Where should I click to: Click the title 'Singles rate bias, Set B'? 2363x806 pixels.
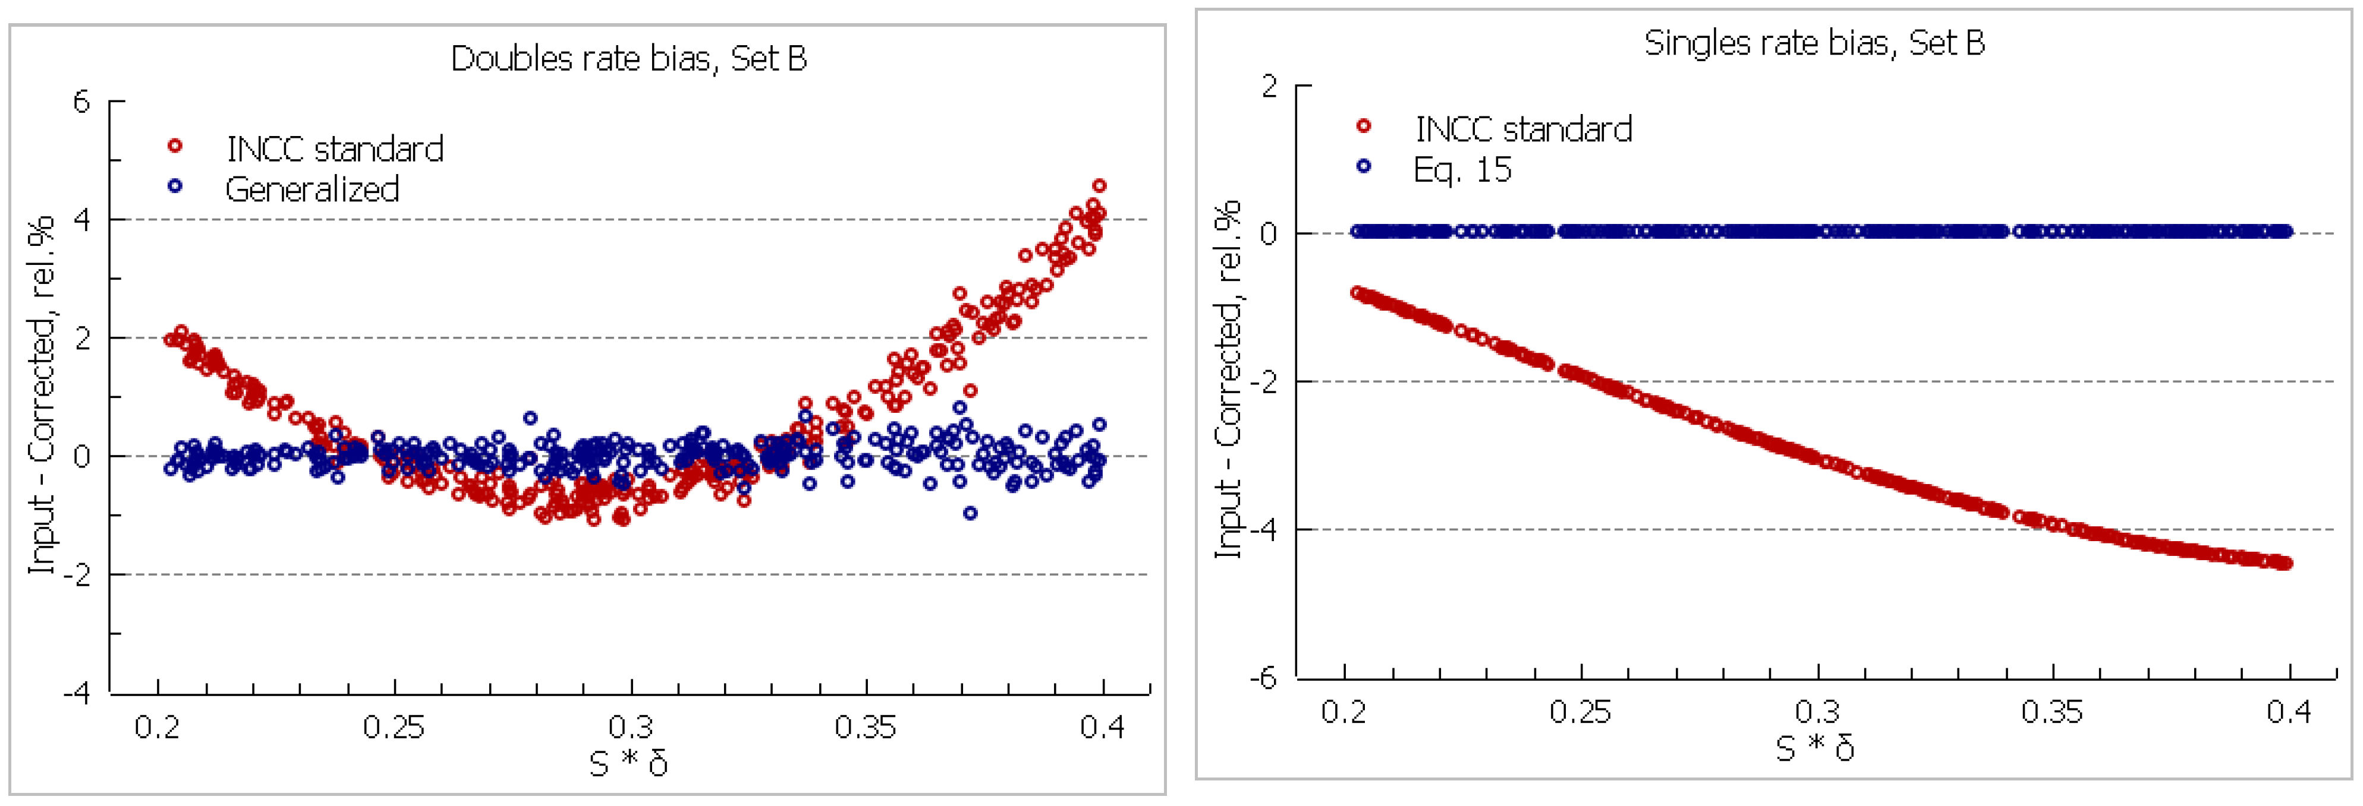1814,43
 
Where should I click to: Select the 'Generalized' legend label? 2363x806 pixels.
312,189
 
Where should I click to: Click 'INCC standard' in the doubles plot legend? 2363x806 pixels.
335,148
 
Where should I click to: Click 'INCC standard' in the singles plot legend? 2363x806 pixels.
1523,129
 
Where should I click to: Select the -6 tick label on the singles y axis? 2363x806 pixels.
1263,678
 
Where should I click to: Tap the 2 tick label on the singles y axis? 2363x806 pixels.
1269,86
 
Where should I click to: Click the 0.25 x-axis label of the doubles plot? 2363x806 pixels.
394,727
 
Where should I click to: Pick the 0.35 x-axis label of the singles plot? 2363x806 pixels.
2052,712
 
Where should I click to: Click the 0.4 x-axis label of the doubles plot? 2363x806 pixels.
1102,727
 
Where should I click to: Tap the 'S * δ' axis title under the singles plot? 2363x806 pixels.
1814,747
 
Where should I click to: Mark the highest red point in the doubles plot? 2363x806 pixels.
1099,186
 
